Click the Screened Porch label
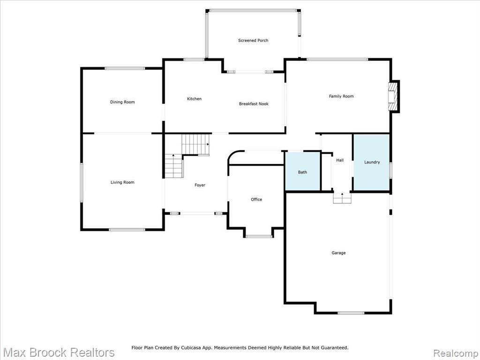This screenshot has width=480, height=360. click(253, 40)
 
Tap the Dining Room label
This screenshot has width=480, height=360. click(122, 102)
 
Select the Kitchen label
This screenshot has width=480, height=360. click(195, 98)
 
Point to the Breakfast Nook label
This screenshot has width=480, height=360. click(254, 104)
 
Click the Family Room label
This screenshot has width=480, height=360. click(341, 96)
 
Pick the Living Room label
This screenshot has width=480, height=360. click(122, 182)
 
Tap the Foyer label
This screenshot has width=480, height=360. click(200, 185)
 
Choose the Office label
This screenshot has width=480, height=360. click(256, 199)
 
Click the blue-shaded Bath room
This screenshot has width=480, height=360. click(303, 172)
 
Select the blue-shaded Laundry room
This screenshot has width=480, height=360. click(372, 163)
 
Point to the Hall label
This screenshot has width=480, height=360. click(340, 160)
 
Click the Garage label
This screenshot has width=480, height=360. click(338, 253)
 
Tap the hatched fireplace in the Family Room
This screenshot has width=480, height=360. click(392, 97)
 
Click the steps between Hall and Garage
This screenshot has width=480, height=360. click(342, 198)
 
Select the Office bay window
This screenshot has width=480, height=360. click(259, 236)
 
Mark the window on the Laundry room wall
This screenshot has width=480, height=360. click(391, 170)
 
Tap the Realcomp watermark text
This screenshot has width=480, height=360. click(455, 353)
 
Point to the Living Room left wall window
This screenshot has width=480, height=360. click(82, 182)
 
